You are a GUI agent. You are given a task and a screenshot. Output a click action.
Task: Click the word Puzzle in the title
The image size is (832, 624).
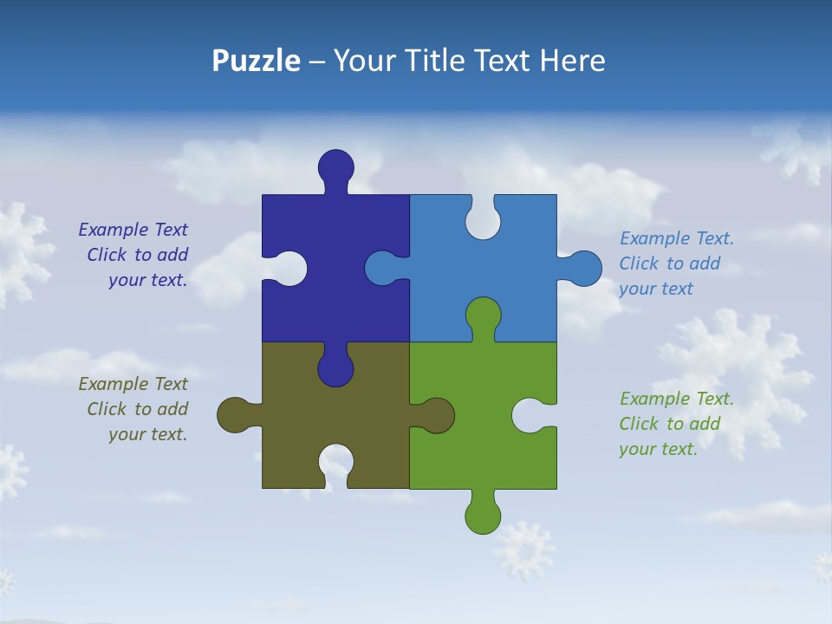pos(256,61)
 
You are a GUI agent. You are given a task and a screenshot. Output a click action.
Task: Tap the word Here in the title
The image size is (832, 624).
pos(572,61)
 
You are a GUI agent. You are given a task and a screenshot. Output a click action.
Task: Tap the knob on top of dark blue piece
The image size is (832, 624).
pos(335,166)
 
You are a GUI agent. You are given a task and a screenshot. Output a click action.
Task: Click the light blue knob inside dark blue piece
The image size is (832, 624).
pos(383,269)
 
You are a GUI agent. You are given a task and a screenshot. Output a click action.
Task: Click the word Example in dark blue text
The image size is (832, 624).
pos(114,230)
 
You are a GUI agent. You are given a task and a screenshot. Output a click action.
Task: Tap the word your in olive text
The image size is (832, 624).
pos(127,434)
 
